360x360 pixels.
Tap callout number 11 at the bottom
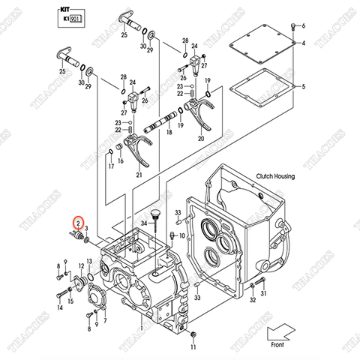(x=193, y=347)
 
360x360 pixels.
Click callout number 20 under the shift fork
(x=200, y=138)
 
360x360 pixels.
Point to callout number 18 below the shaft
(x=169, y=132)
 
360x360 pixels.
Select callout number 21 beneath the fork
(x=139, y=175)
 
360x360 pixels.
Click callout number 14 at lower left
(x=60, y=307)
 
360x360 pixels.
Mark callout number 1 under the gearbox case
(x=140, y=328)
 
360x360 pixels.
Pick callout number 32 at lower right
(x=252, y=301)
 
